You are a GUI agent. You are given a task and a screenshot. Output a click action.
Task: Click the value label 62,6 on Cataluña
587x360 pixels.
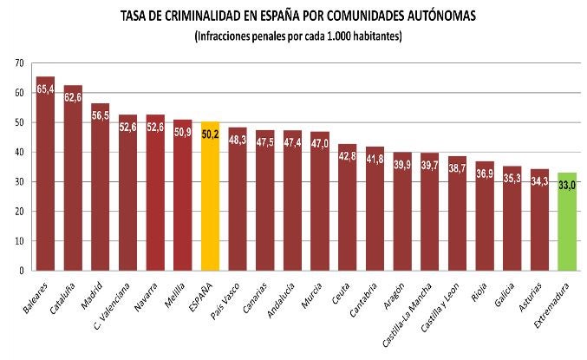click(73, 98)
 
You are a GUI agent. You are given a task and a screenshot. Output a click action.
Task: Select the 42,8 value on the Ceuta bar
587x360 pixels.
click(348, 156)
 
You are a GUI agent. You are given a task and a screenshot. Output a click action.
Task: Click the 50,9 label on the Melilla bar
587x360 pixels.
click(183, 133)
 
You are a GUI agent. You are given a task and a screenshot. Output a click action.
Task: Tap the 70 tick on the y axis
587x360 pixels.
click(18, 63)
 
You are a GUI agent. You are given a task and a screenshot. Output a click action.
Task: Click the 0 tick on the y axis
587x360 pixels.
click(21, 271)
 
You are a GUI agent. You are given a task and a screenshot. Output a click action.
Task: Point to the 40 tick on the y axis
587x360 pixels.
click(18, 153)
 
